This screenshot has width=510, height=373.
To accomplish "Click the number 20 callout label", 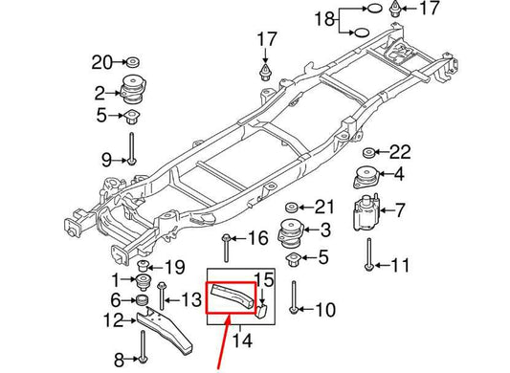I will coord(102,63).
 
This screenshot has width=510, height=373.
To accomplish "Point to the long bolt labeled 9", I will coord(131,158).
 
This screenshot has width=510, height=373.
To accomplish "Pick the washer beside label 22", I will coord(367,153).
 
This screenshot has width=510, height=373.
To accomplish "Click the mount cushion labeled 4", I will coord(366,179).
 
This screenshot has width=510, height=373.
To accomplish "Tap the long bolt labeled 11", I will coord(367,254).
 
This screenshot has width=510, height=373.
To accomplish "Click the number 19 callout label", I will coord(174,266).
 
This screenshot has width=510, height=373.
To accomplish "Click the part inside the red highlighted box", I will coord(230,295).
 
